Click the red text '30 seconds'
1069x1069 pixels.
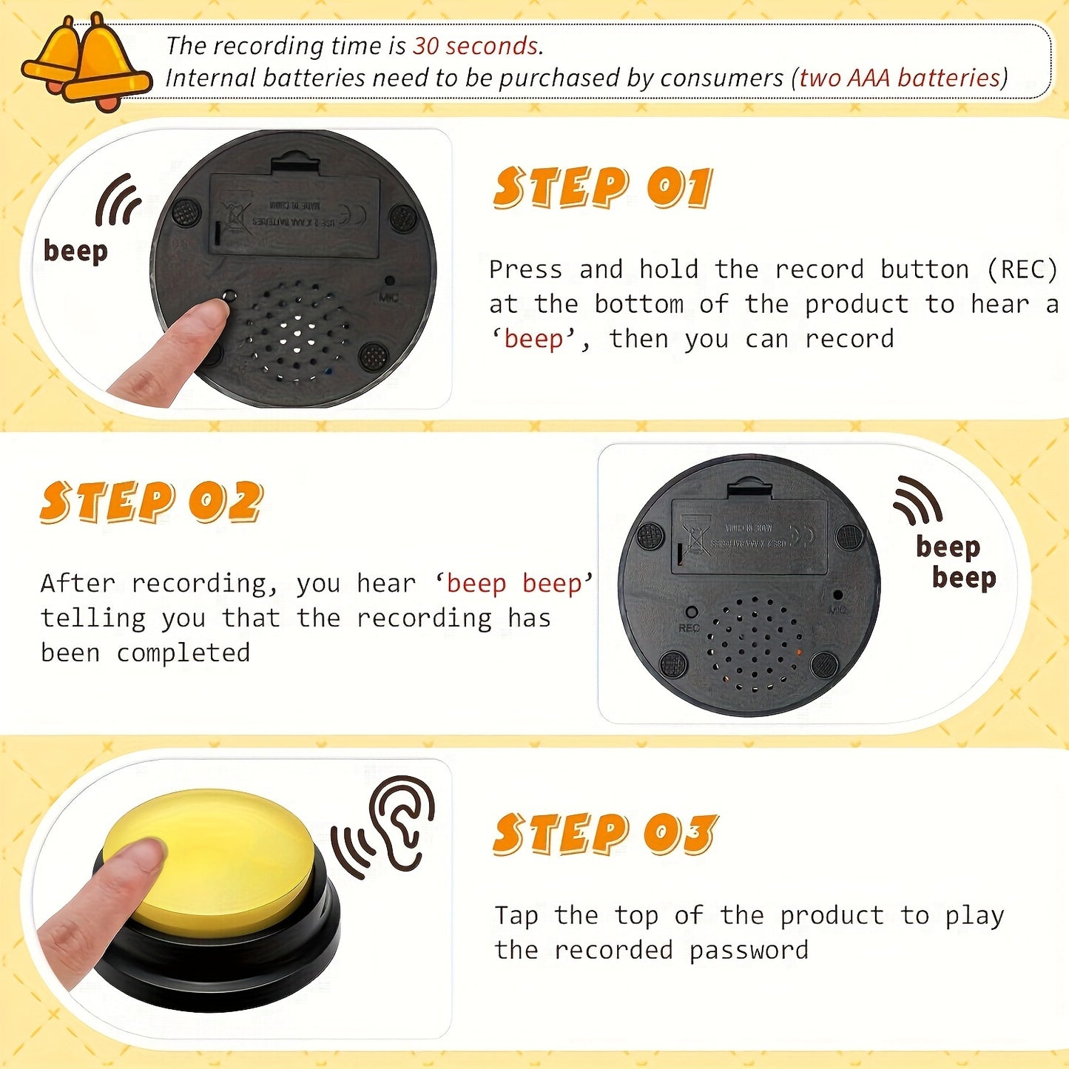pyautogui.click(x=476, y=46)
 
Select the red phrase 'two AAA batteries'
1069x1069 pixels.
pyautogui.click(x=900, y=78)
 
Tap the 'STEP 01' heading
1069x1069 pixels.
pyautogui.click(x=602, y=187)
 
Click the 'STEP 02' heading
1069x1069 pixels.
pyautogui.click(x=152, y=502)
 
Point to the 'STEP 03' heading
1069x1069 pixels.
pyautogui.click(x=604, y=834)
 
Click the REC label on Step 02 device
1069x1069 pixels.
pyautogui.click(x=689, y=627)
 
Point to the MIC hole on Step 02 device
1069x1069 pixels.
pyautogui.click(x=837, y=595)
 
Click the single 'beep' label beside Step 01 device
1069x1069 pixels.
pyautogui.click(x=75, y=251)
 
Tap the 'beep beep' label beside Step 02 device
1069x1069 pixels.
pyautogui.click(x=956, y=562)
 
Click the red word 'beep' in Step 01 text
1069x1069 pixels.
pyautogui.click(x=533, y=339)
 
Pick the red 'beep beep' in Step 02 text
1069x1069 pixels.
pyautogui.click(x=514, y=583)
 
